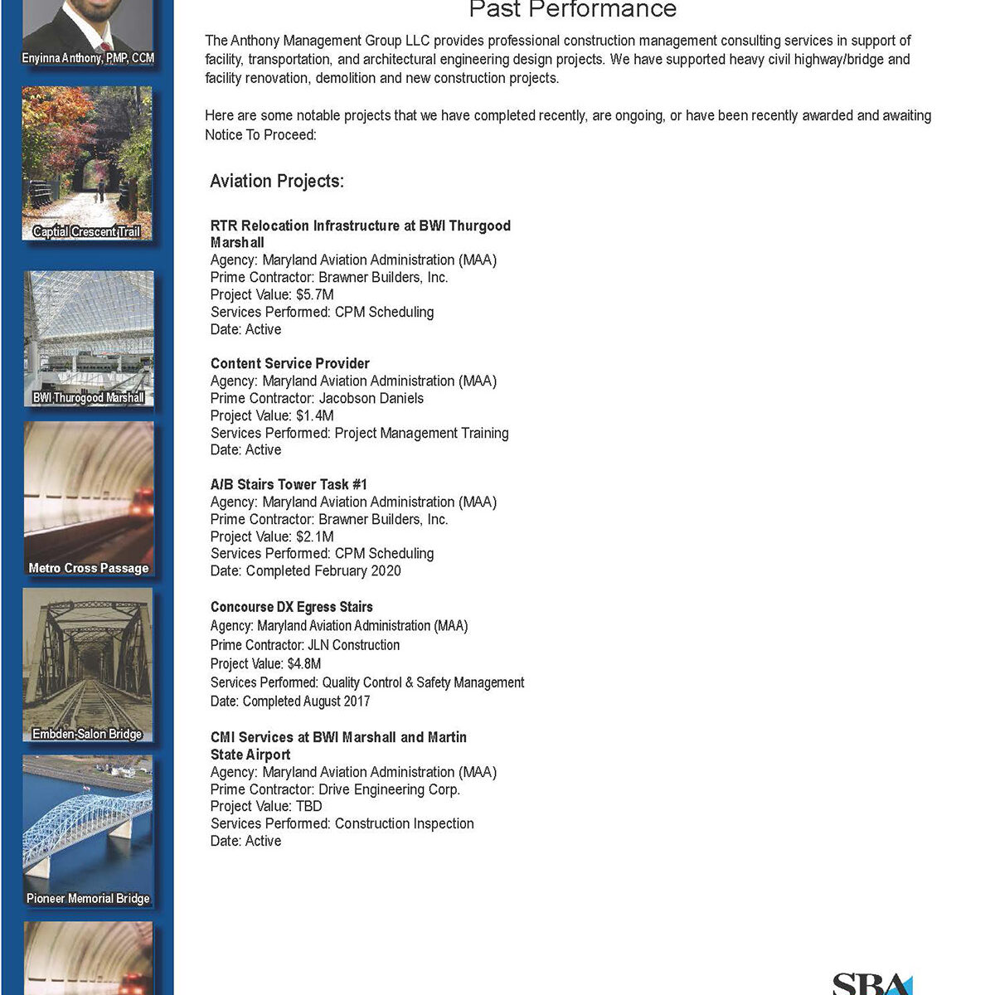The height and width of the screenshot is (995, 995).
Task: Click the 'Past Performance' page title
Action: pyautogui.click(x=572, y=10)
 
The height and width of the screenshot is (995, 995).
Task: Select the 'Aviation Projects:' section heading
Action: pyautogui.click(x=277, y=182)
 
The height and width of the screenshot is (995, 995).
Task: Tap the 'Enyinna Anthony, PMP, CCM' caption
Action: pyautogui.click(x=88, y=58)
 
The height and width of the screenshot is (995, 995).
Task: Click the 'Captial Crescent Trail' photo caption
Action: pyautogui.click(x=87, y=232)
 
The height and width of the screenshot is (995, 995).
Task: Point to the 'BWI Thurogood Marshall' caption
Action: pyautogui.click(x=88, y=398)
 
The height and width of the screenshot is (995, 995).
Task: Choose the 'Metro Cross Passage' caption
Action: pyautogui.click(x=88, y=568)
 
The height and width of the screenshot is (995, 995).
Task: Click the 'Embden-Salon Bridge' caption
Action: pyautogui.click(x=87, y=734)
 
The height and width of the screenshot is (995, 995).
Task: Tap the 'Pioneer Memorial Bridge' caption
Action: pyautogui.click(x=88, y=898)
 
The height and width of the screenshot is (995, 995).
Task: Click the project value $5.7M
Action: pyautogui.click(x=315, y=294)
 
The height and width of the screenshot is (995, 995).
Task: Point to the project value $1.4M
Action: pyautogui.click(x=315, y=415)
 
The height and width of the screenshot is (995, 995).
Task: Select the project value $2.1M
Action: pyautogui.click(x=315, y=536)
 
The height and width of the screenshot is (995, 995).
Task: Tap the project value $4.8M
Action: pyautogui.click(x=304, y=663)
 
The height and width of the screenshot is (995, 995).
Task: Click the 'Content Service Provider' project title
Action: pyautogui.click(x=290, y=363)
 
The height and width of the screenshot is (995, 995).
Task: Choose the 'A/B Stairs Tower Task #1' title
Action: pyautogui.click(x=289, y=484)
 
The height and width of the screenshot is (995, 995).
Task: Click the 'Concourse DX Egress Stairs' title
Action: pyautogui.click(x=292, y=607)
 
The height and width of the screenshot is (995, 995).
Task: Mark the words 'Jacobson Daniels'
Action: pyautogui.click(x=371, y=398)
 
